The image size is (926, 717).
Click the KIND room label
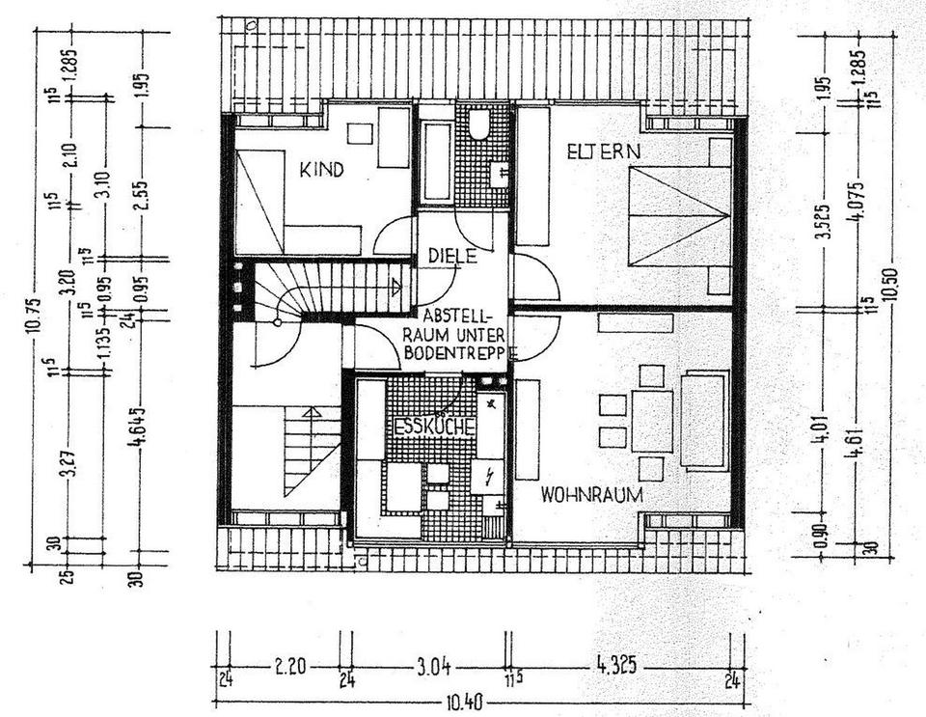tap(321, 171)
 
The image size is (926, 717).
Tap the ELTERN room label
tap(604, 152)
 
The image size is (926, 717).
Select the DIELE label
tap(448, 256)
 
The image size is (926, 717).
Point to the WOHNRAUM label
tap(591, 495)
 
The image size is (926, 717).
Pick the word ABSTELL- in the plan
tap(456, 316)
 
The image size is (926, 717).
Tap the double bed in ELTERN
tap(679, 215)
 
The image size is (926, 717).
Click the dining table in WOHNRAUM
tap(652, 421)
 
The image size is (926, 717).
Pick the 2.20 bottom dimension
tap(283, 667)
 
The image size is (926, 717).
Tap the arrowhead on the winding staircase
tap(396, 287)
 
